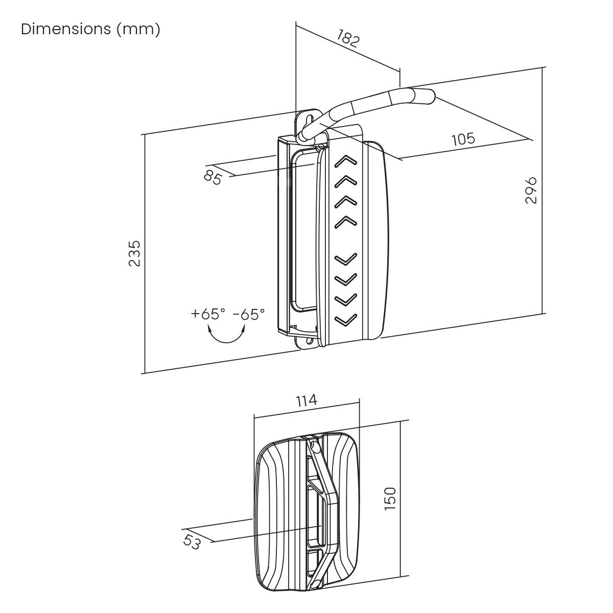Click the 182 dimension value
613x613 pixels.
tap(348, 39)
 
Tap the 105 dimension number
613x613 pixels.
tap(463, 138)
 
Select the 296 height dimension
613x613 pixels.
tap(531, 190)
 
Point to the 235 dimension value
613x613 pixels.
tap(134, 253)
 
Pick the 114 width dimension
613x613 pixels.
tap(306, 400)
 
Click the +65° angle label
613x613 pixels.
tap(208, 314)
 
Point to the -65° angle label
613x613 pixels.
tap(249, 314)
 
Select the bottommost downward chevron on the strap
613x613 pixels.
tap(346, 320)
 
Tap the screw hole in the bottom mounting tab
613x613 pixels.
tap(309, 341)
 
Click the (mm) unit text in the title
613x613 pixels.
tap(138, 29)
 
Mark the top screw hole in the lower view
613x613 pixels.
tap(314, 446)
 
